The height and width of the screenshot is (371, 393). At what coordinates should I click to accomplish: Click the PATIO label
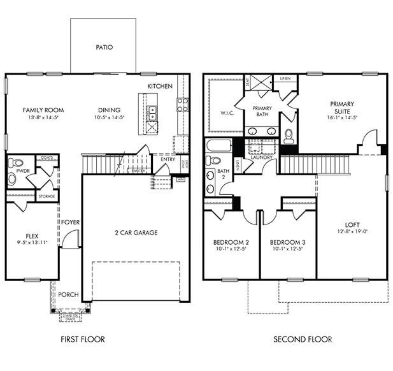point(104,47)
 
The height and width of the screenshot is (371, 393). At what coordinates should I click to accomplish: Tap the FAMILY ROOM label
point(43,110)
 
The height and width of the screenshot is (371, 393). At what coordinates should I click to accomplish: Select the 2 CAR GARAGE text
point(136,232)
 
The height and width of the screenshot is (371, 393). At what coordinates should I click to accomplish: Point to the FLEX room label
point(32,235)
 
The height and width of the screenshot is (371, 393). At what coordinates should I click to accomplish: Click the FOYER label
point(70,222)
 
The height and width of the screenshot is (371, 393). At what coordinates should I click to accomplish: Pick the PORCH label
point(68,295)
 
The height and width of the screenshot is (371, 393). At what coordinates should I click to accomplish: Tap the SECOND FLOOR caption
point(303,339)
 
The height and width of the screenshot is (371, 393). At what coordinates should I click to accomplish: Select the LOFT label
point(352,224)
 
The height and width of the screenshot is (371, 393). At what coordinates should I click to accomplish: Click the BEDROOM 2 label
point(231,242)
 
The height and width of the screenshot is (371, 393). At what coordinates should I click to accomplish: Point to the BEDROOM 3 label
point(288,242)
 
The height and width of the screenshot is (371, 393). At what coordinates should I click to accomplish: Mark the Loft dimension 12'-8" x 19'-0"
point(352,231)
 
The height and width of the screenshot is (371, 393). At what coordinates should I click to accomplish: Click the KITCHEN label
point(159,86)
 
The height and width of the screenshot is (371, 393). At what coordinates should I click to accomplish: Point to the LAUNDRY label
point(261,175)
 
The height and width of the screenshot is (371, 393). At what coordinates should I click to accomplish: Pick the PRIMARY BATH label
point(262,112)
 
